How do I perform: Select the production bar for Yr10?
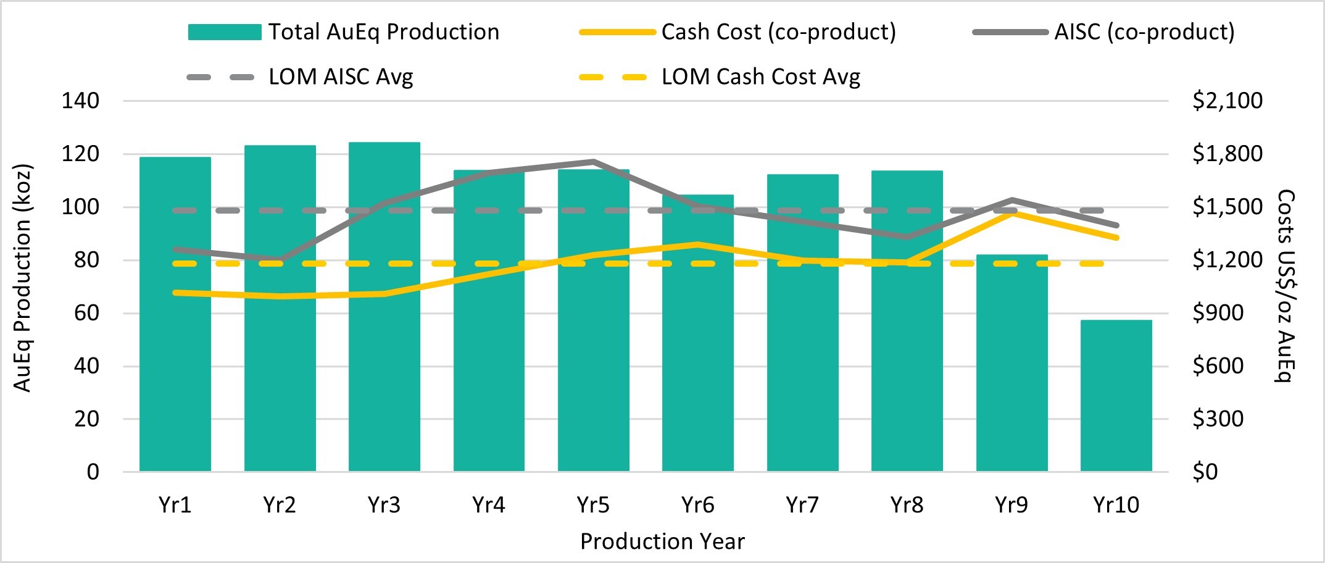(1116, 395)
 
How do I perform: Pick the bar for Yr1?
(175, 314)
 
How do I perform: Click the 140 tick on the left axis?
(80, 101)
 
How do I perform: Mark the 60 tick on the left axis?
(86, 313)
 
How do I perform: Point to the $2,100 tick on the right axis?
(1227, 101)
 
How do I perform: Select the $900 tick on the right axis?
(1218, 313)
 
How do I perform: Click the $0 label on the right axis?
(1205, 472)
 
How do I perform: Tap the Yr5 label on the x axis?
(593, 505)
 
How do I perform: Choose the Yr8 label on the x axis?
(907, 505)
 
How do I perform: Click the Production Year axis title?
(662, 541)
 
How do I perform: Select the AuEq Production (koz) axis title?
(22, 278)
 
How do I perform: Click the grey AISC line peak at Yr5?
(593, 162)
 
